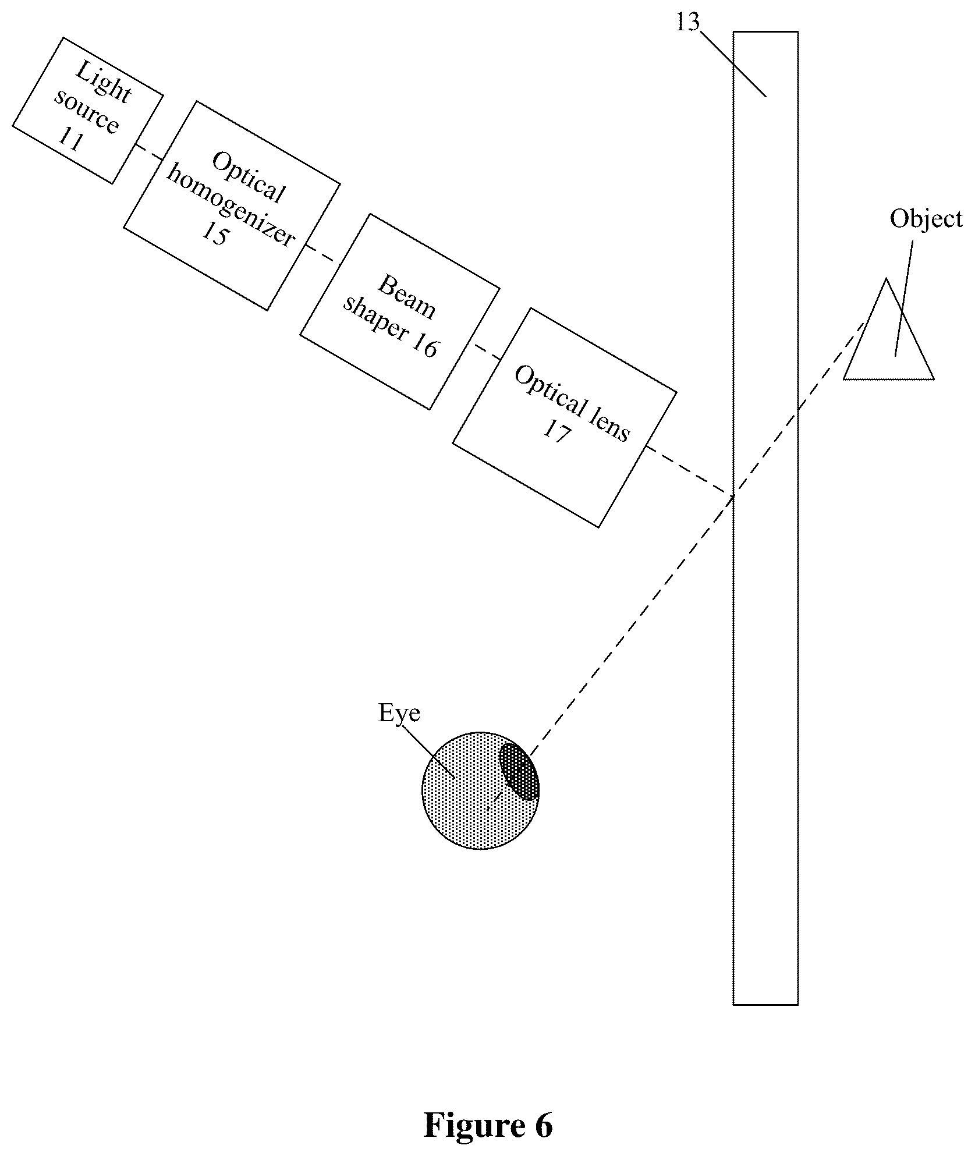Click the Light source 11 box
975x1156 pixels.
click(x=87, y=111)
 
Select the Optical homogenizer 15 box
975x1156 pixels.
click(x=232, y=205)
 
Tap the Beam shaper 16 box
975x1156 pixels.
click(x=400, y=311)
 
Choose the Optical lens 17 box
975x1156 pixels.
click(x=565, y=418)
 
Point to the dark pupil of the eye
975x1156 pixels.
click(x=519, y=771)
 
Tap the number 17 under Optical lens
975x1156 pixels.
click(x=556, y=432)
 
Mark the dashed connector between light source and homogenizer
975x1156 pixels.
click(x=150, y=152)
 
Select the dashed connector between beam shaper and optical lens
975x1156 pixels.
click(x=487, y=352)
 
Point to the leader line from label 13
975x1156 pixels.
click(x=733, y=63)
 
